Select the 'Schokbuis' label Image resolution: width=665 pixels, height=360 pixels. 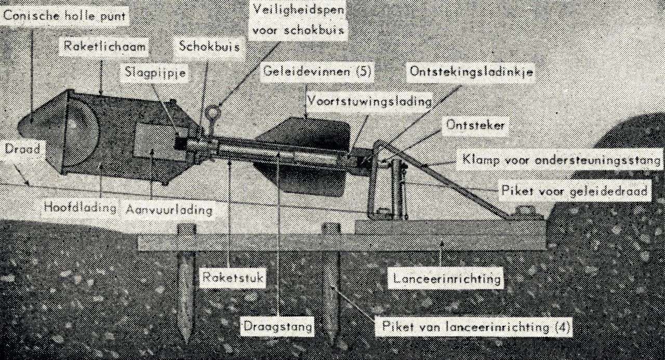click(x=209, y=46)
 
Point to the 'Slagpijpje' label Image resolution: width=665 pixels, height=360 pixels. click(x=155, y=73)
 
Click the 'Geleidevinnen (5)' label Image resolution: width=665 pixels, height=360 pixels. click(x=317, y=72)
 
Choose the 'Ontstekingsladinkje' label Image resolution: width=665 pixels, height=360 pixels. click(x=471, y=72)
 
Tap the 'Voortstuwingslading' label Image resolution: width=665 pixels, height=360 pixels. click(x=369, y=101)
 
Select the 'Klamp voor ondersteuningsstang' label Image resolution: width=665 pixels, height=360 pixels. click(x=562, y=159)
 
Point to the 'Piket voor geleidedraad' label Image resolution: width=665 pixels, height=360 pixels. click(x=575, y=191)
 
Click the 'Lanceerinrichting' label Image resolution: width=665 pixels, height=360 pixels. click(x=446, y=279)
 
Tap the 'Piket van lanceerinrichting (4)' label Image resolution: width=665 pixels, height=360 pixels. click(x=473, y=327)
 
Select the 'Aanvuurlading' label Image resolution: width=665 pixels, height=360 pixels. click(x=169, y=210)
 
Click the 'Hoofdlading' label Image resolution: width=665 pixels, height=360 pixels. click(x=79, y=207)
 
